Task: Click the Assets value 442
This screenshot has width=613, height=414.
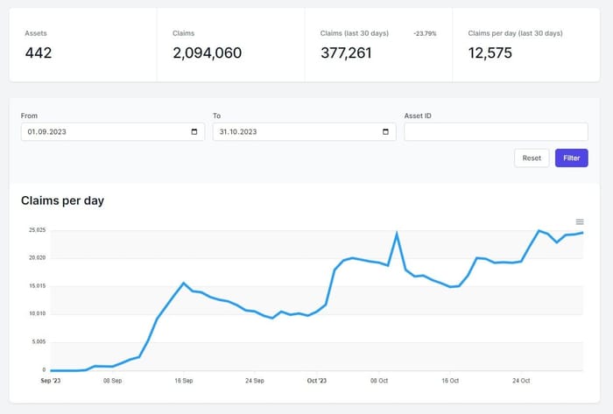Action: [x=39, y=53]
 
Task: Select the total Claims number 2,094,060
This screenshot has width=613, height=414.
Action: [x=207, y=53]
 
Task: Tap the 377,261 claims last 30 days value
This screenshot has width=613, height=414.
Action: [x=346, y=53]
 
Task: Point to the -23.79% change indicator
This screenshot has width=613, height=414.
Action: [x=425, y=33]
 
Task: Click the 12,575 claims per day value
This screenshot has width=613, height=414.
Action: [x=490, y=53]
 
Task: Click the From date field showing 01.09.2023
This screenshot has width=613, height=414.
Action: [x=105, y=132]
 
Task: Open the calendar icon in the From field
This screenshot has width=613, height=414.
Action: [x=194, y=132]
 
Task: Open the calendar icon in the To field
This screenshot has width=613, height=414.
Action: [x=386, y=132]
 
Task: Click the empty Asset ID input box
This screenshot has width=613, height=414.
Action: [x=496, y=132]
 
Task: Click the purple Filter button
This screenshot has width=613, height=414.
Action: [x=571, y=158]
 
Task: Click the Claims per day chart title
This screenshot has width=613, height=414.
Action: [x=62, y=200]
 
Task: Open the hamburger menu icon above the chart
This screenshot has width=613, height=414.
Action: [x=580, y=221]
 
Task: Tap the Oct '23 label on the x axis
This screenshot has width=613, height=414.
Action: [x=317, y=381]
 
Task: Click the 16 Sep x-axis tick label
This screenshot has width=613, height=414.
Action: [x=183, y=381]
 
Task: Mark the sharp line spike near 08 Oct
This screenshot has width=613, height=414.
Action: [x=397, y=233]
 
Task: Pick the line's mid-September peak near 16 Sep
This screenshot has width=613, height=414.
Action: [x=183, y=283]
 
